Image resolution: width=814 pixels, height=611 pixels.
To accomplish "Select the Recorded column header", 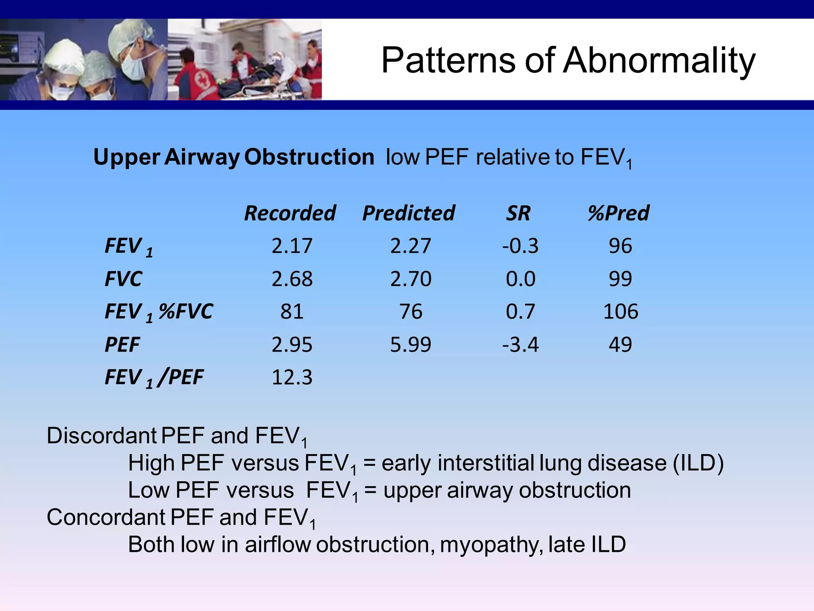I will tap(290, 213).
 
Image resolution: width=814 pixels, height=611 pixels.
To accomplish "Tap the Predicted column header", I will tap(409, 213).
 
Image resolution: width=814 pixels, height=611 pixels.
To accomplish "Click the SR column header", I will tap(518, 213).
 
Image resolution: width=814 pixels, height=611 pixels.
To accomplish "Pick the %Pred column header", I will tap(618, 213).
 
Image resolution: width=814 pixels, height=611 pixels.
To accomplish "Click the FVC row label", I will tap(123, 279).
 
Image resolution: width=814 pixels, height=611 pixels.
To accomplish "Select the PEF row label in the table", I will tap(122, 344).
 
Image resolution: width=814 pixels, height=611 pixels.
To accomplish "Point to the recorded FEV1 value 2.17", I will tap(292, 246).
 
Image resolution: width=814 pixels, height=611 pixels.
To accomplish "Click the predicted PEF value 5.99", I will tap(410, 344).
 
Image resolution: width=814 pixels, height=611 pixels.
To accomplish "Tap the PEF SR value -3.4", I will tap(520, 344).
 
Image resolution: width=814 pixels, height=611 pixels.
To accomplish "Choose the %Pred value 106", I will tap(620, 311).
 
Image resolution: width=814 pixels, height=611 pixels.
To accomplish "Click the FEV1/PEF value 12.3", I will tap(292, 377).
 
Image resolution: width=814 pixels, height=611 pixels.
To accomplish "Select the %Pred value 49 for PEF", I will tap(620, 344).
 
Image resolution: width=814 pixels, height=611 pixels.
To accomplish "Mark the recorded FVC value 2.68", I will tap(292, 279).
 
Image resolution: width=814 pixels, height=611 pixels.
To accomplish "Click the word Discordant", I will tap(101, 436).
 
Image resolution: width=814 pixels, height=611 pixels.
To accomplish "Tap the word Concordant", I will tap(106, 517).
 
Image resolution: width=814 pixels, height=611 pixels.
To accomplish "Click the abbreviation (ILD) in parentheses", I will tap(698, 463).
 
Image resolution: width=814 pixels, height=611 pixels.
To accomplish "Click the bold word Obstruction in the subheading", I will tap(309, 157).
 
